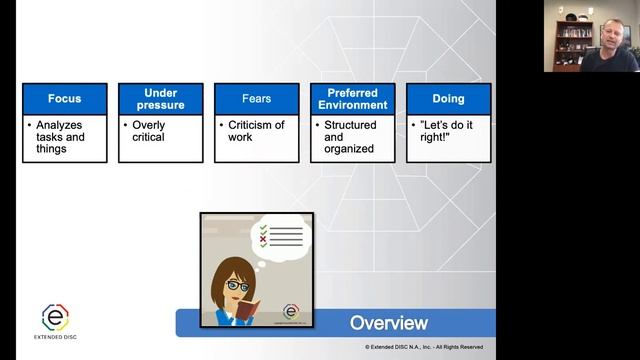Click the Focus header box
click(x=64, y=99)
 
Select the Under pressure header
click(x=160, y=99)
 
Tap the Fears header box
click(x=256, y=99)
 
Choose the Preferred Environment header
click(x=352, y=99)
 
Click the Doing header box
click(x=448, y=99)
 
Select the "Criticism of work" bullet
click(x=257, y=131)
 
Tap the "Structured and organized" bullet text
click(x=349, y=137)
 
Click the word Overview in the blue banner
click(x=388, y=323)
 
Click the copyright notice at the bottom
click(x=424, y=347)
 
